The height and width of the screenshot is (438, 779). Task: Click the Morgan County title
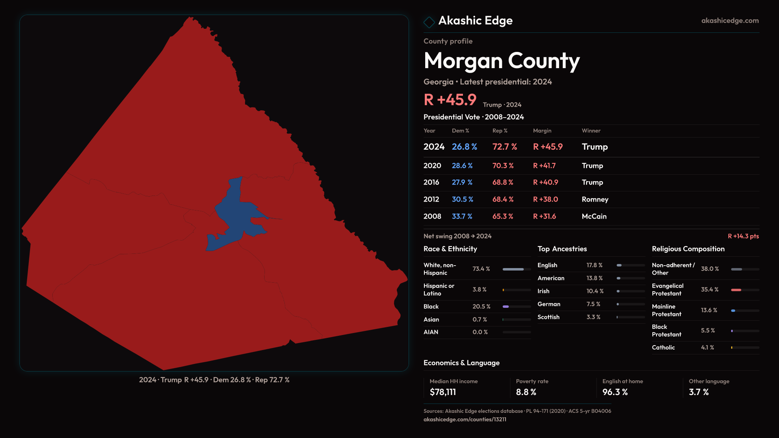click(x=501, y=61)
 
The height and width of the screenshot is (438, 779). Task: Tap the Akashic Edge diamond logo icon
click(x=429, y=22)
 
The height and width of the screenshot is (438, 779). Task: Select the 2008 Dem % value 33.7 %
click(x=462, y=217)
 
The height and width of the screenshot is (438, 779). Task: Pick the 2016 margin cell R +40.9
click(x=545, y=182)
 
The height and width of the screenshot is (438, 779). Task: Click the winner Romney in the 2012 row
click(x=595, y=200)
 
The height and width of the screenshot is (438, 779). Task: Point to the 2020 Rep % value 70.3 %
click(x=503, y=166)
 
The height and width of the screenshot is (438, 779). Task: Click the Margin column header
click(x=542, y=131)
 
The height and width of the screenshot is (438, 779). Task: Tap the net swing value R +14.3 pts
click(x=743, y=236)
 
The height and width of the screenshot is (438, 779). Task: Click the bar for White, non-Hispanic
click(x=513, y=269)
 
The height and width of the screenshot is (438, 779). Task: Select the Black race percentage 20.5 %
click(x=481, y=307)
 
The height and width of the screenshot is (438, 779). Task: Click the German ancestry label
click(x=549, y=304)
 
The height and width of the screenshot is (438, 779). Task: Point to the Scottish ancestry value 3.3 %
click(x=593, y=317)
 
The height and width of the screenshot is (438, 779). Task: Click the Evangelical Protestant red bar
click(x=736, y=290)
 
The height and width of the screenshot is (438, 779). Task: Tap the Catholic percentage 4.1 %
click(x=707, y=348)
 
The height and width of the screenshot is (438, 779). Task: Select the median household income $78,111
click(x=443, y=392)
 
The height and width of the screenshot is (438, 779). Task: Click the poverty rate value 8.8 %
click(x=526, y=392)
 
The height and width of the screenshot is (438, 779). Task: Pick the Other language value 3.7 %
click(x=699, y=392)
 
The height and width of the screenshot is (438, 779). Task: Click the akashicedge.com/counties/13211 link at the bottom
click(x=465, y=419)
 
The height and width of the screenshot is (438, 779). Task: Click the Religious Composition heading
click(x=688, y=249)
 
